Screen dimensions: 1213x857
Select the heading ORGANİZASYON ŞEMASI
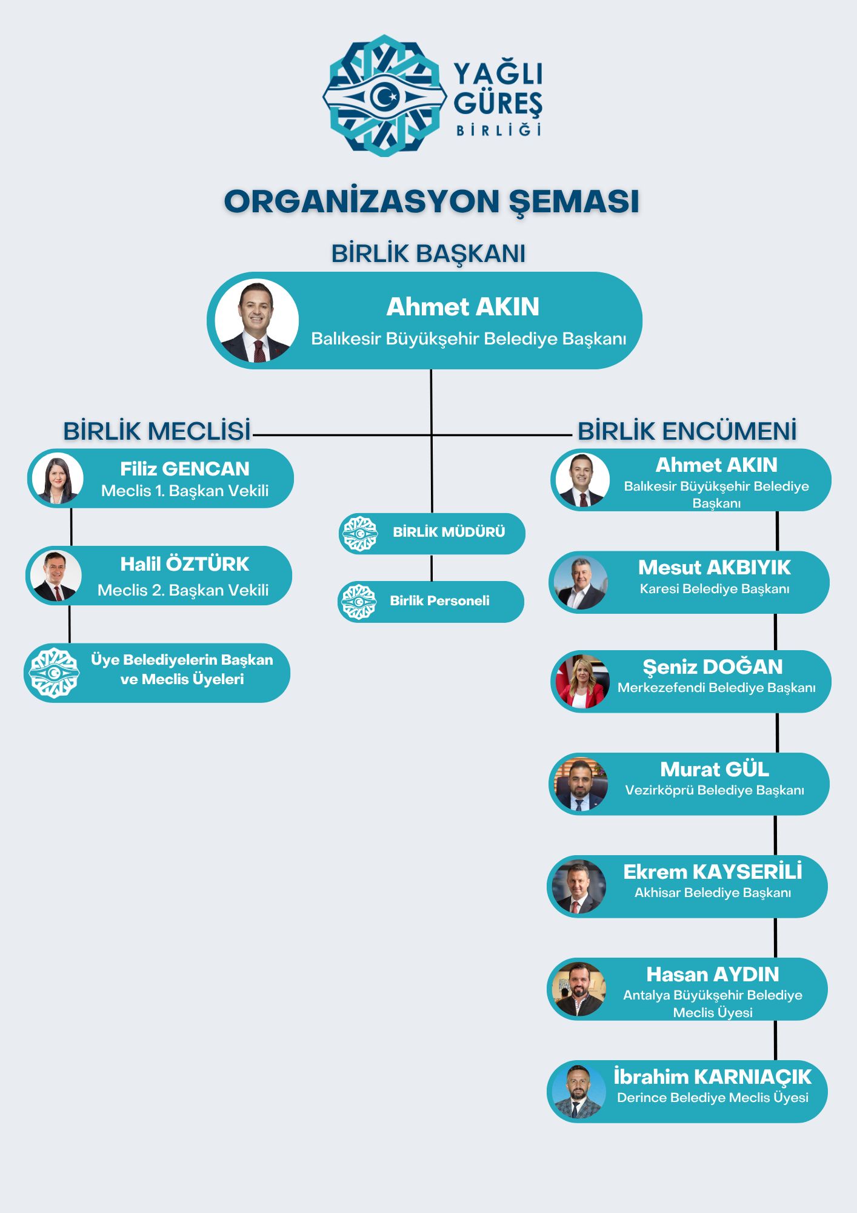point(432,201)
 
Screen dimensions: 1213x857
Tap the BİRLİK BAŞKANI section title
point(428,254)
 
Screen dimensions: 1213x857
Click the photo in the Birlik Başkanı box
point(256,321)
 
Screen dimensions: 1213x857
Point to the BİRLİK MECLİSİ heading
point(157,431)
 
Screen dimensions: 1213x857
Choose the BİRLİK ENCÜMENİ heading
point(687,431)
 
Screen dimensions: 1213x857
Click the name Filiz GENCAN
point(184,469)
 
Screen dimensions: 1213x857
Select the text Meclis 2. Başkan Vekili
point(183,590)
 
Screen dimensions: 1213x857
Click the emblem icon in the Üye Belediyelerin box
point(55,673)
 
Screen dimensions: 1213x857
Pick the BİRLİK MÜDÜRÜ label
point(449,532)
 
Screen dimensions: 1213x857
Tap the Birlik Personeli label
point(439,601)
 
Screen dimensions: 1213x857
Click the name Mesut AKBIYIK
point(714,568)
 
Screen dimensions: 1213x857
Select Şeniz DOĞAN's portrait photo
point(582,682)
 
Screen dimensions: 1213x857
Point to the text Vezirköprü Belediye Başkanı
point(715,790)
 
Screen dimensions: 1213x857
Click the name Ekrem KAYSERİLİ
point(712,872)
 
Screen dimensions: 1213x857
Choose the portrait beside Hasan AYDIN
point(579,989)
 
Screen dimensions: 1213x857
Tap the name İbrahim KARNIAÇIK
point(712,1077)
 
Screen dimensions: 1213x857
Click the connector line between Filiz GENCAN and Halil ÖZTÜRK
point(72,526)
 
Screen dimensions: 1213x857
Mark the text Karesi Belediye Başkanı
point(715,589)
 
